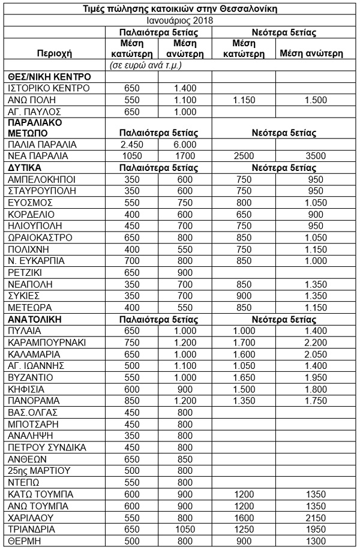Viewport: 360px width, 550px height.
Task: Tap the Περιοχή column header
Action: click(x=55, y=53)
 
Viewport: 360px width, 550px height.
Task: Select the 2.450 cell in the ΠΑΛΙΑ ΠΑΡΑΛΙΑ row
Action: click(x=134, y=145)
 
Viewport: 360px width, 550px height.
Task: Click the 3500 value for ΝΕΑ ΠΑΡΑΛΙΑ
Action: click(x=311, y=156)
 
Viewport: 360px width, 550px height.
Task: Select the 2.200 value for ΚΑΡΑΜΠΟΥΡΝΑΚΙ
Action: click(x=311, y=342)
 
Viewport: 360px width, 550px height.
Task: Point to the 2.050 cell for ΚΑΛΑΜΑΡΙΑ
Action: click(x=311, y=354)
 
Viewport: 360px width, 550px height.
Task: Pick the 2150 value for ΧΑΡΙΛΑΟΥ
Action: click(x=311, y=517)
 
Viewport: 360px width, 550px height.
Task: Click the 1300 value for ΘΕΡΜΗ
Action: click(x=311, y=540)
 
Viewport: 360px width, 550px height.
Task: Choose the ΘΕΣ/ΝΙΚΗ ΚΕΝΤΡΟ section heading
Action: click(x=49, y=77)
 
